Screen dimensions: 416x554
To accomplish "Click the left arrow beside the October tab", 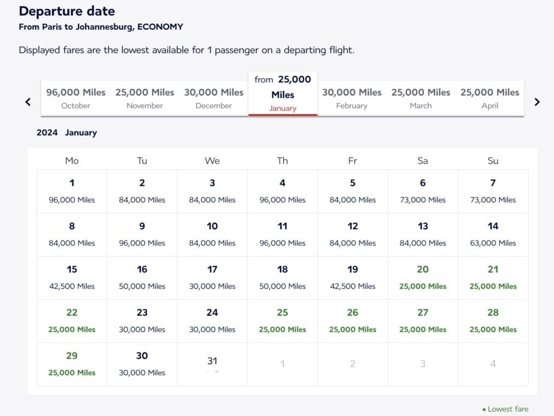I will coord(28,102).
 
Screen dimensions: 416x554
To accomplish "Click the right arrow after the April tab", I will coord(537,102).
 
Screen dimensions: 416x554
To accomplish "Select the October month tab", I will coord(76,98).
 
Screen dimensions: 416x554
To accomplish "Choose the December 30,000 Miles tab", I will coord(214,98).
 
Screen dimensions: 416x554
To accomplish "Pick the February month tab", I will coord(352,98).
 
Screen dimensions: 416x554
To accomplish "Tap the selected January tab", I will coord(282,94).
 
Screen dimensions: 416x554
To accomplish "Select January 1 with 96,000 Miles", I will coord(72,191).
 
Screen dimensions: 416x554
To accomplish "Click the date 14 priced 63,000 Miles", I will coord(493,234).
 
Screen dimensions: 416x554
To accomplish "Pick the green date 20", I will coord(423,278).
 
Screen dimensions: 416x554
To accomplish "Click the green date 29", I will coord(72,364).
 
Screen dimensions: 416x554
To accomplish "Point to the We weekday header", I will coord(212,161).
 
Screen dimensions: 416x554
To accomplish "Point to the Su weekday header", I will coord(493,161).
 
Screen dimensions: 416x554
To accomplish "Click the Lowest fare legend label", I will coord(507,409).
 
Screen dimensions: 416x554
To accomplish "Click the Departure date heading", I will coord(67,11).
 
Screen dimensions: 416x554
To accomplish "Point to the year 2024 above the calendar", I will coord(47,133).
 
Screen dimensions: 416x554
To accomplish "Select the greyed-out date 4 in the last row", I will coord(493,364).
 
